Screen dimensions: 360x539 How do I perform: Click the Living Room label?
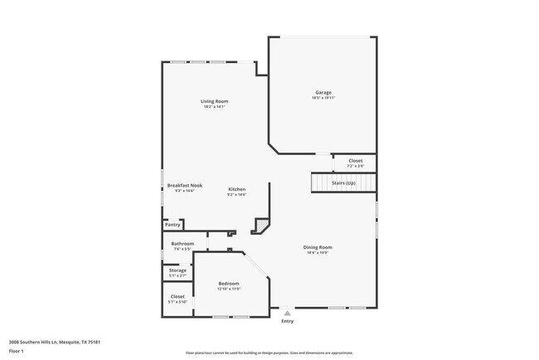coord(215,101)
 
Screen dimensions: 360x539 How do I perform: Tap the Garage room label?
coord(323,92)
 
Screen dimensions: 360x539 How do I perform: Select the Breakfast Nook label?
coord(184,185)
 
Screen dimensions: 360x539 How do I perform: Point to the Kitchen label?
coord(237,189)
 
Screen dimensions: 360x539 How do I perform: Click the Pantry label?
coord(172,225)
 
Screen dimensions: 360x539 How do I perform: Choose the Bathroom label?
coord(182,243)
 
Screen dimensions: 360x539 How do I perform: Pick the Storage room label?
coord(178,270)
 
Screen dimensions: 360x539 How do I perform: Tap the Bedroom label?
coord(228,284)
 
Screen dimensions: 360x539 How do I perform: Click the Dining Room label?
coord(318,247)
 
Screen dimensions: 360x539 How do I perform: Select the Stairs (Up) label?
coord(343,182)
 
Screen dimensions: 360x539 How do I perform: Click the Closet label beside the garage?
coord(355,160)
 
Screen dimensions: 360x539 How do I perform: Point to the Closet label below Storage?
coord(177,296)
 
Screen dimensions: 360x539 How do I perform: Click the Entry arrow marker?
coord(287,313)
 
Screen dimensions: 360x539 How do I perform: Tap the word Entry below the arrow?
coord(287,321)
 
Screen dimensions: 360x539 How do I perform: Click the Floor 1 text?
coord(17,351)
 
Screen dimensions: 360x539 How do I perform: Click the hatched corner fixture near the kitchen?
coord(262,225)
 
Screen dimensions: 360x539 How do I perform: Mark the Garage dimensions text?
coord(323,98)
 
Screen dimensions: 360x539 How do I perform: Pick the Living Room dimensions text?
coord(215,107)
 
